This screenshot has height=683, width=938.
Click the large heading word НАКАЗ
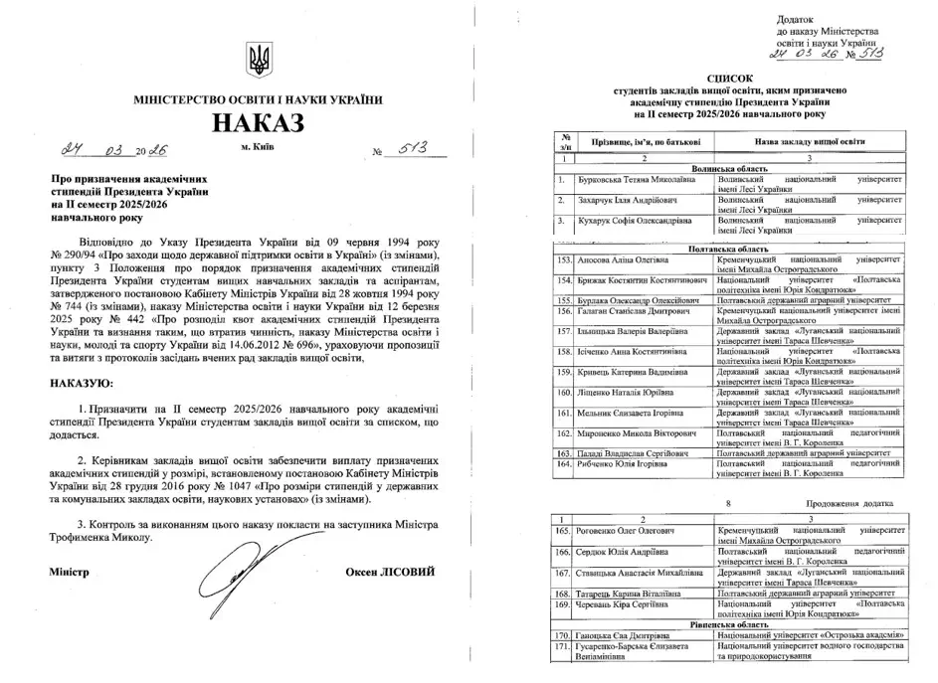pos(257,123)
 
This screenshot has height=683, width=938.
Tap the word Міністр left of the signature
pos(69,573)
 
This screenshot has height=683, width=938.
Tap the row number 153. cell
pos(565,256)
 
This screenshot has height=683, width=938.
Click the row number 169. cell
pos(565,603)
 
